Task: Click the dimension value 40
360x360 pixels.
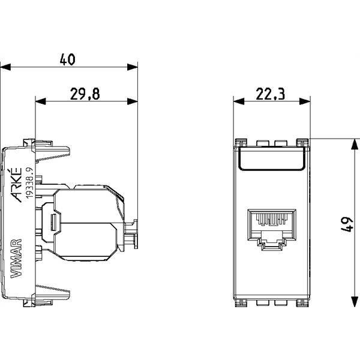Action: pos(67,59)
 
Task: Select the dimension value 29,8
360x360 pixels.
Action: pos(85,94)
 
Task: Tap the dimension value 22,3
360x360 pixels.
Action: pos(270,94)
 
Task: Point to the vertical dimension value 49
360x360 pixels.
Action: pos(346,224)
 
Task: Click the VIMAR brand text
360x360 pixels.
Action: pos(17,259)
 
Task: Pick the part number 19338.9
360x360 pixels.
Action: pos(29,182)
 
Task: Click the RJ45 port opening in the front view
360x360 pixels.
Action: pos(272,230)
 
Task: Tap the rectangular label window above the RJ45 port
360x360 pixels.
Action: pos(272,158)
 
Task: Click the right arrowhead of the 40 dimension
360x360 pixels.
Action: pos(133,67)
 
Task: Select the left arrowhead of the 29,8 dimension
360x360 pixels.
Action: pos(41,101)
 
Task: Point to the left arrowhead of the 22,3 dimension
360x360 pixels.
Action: pos(239,101)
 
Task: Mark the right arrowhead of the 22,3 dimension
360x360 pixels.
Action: pos(305,101)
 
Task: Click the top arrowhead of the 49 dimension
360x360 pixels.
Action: pos(355,145)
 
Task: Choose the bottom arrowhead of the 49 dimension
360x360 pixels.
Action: pos(355,301)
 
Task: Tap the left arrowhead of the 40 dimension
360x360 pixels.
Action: pos(5,67)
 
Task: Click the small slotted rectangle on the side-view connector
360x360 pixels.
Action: pos(53,223)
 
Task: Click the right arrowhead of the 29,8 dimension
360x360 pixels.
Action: pos(133,101)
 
